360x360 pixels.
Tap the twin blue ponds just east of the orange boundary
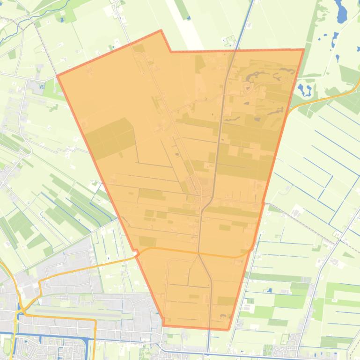(x=304, y=89)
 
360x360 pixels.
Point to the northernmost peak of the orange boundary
(x=161, y=31)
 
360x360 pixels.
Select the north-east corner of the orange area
(x=304, y=50)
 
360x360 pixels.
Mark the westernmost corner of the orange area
(x=57, y=75)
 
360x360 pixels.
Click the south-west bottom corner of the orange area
(x=164, y=325)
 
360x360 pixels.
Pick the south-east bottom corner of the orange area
(x=228, y=330)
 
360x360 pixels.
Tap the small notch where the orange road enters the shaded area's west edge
(x=136, y=253)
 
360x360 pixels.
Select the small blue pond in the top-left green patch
(x=61, y=20)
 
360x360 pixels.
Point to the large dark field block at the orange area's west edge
(x=109, y=138)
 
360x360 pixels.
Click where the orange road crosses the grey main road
(x=198, y=253)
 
